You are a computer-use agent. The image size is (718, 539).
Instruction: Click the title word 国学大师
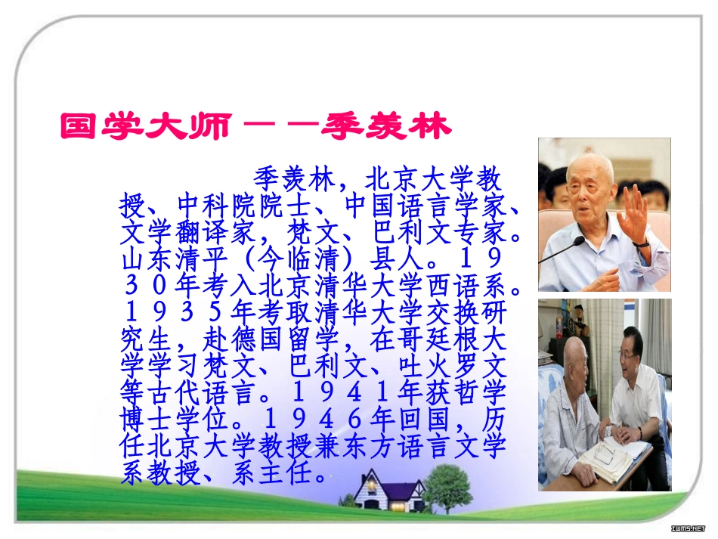[x=143, y=127]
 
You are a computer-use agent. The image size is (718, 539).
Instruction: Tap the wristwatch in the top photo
[x=642, y=243]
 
